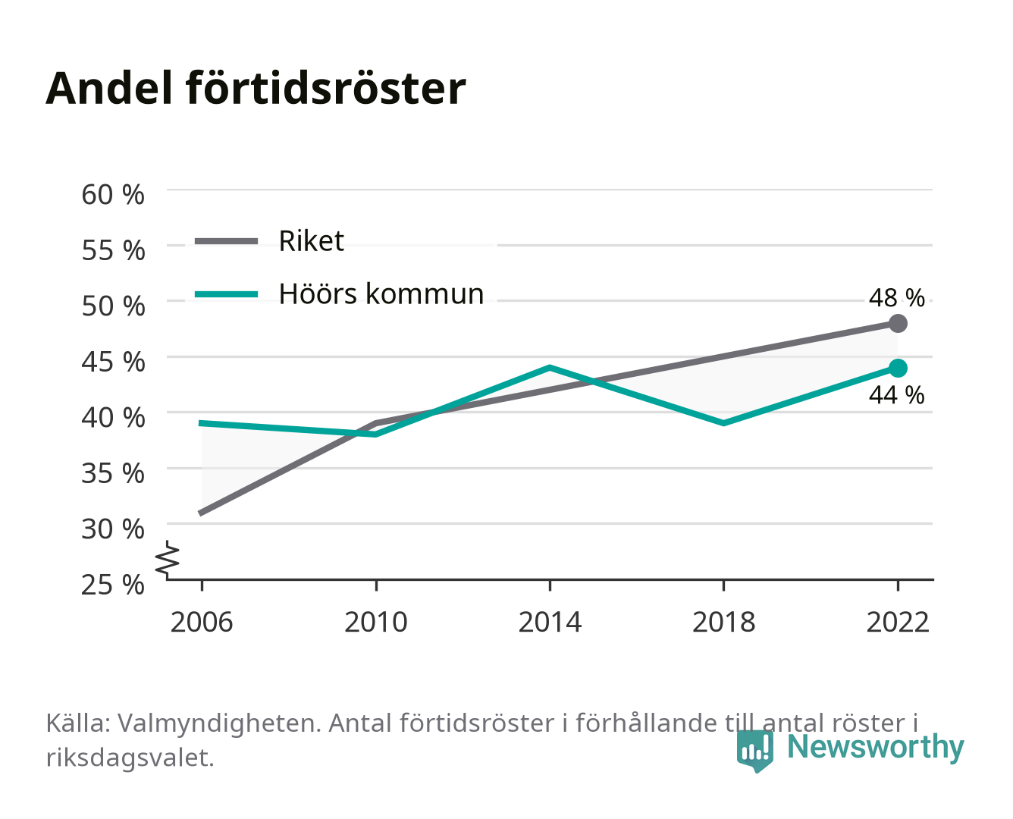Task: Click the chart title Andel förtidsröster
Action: click(x=256, y=89)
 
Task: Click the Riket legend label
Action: click(x=311, y=240)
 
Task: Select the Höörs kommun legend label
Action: click(x=381, y=293)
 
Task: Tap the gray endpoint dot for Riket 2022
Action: click(x=898, y=324)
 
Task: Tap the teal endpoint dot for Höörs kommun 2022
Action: click(x=898, y=368)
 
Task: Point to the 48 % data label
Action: click(x=896, y=298)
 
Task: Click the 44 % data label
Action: click(x=896, y=395)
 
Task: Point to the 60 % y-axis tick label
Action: click(x=113, y=195)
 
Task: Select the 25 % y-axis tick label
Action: click(x=113, y=585)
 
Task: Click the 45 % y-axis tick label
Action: click(x=113, y=362)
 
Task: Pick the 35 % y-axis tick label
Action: click(x=113, y=473)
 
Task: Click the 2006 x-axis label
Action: click(x=202, y=622)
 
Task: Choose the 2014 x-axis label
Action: click(x=550, y=622)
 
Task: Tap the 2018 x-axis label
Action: click(x=723, y=622)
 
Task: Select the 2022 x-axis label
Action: click(x=898, y=622)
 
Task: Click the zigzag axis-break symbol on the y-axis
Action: click(x=168, y=560)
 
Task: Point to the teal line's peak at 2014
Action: click(x=550, y=368)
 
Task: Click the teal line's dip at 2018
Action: click(x=723, y=423)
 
